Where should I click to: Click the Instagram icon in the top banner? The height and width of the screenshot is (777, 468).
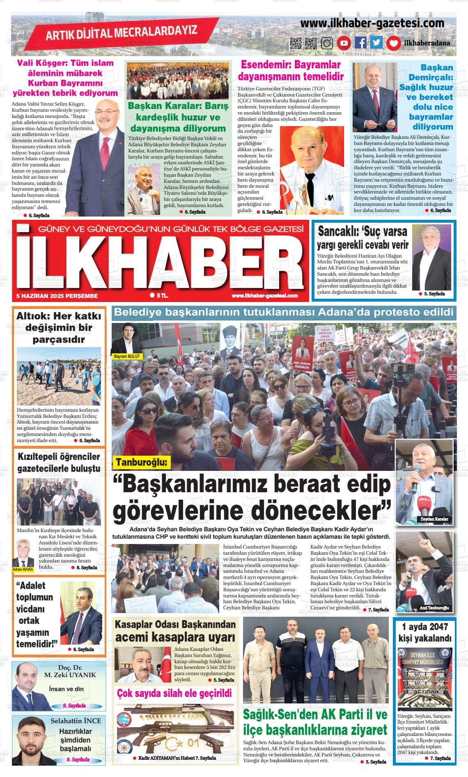pos(327,43)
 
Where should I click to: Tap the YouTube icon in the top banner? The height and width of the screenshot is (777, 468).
pos(344,43)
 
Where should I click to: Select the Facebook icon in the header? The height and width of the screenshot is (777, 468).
pos(360,43)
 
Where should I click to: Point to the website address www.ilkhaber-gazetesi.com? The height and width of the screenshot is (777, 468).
pos(372,23)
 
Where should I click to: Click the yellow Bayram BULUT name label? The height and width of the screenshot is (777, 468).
pos(127,356)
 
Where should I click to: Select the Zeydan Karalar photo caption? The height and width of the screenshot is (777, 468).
pos(434,519)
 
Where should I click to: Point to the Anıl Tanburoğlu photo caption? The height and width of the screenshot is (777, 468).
pos(434,608)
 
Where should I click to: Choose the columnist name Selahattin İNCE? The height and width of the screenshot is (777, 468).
pos(76,721)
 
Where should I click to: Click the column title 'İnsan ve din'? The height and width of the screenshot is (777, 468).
pos(66,689)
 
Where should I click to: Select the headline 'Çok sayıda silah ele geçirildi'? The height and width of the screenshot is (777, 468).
pos(174,694)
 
